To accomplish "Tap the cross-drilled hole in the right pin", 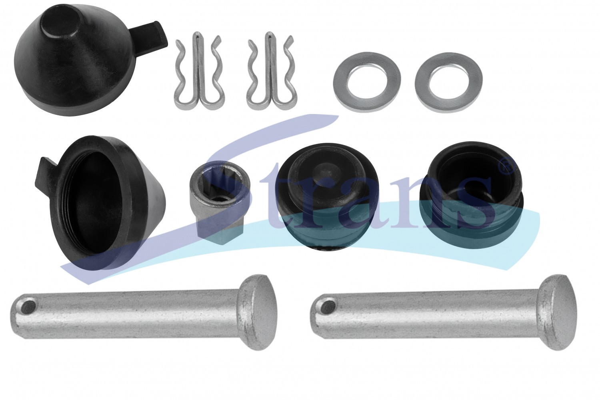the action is (x=329, y=306).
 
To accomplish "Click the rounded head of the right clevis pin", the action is (x=558, y=312).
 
